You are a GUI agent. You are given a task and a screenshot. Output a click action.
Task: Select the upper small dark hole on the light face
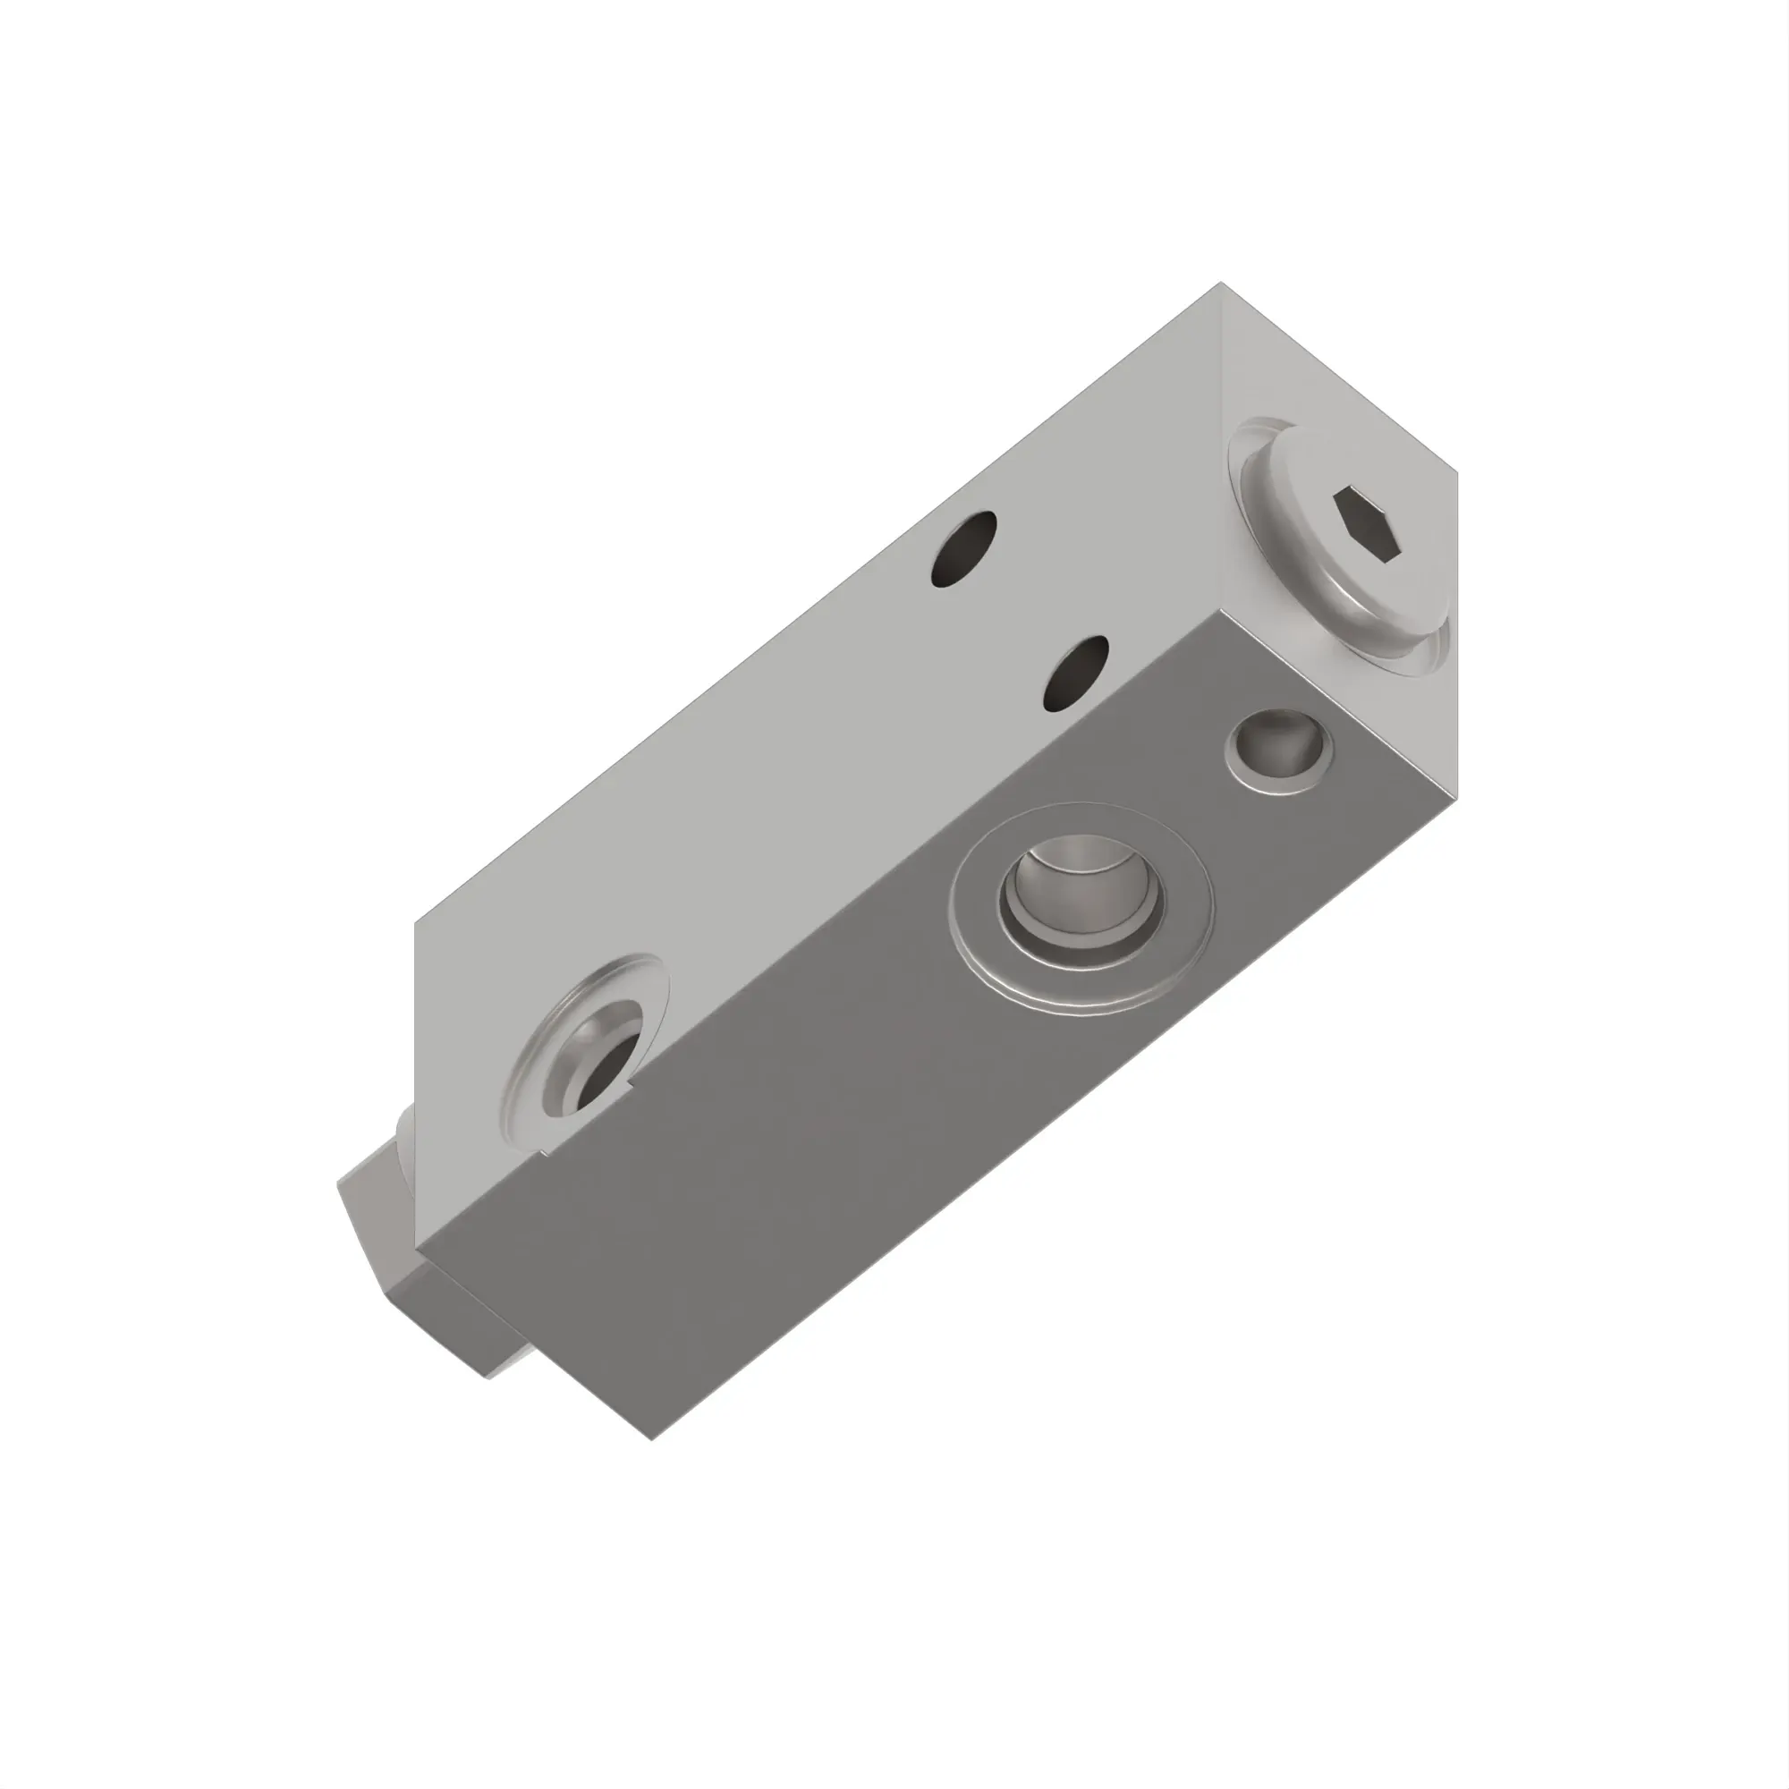(x=964, y=550)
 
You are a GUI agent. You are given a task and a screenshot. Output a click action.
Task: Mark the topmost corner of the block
(x=1220, y=283)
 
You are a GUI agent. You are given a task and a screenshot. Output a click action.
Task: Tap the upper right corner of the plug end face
(x=1457, y=473)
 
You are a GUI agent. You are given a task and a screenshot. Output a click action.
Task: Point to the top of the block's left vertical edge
(x=414, y=922)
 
